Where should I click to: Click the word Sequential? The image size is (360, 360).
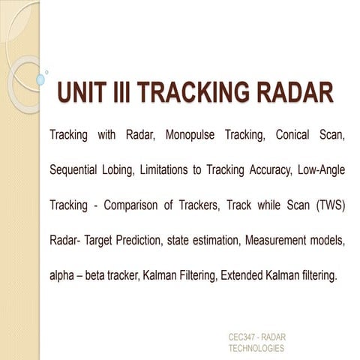77,170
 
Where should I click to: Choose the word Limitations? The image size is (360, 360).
187,170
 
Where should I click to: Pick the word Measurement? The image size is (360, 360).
277,239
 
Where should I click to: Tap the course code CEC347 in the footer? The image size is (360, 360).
244,338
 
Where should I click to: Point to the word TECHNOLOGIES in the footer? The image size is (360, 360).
256,349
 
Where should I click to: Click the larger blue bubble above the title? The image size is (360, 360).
41,78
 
